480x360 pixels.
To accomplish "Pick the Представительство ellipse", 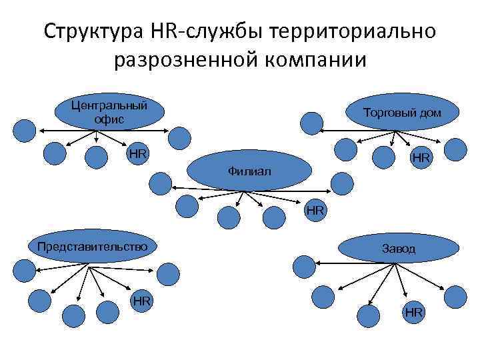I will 92,246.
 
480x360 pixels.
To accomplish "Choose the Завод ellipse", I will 398,249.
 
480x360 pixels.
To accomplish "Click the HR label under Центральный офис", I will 138,153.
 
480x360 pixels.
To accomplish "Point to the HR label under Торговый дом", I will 421,157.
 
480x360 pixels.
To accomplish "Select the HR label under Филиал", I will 315,211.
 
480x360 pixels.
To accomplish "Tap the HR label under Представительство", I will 141,301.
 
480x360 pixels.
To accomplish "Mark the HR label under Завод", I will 413,312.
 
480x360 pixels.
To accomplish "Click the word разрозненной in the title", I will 187,61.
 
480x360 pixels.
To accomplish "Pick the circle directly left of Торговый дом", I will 311,123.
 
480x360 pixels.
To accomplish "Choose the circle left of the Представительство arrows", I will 24,269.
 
